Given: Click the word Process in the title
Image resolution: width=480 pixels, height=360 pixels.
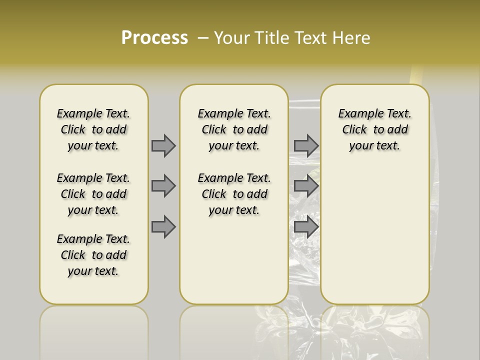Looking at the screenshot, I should click(154, 38).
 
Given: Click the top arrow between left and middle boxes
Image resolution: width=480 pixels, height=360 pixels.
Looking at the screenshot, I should click(163, 145).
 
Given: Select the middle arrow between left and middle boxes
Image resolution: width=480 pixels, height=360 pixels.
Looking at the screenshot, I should click(163, 186).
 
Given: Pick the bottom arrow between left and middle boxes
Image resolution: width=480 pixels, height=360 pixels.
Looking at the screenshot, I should click(163, 227).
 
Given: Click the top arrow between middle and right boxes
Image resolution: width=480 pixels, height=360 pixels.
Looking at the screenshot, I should click(306, 145).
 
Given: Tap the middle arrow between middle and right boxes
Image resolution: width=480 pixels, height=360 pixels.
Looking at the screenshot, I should click(306, 186).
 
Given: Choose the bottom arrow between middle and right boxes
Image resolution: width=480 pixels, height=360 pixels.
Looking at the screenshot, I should click(306, 227).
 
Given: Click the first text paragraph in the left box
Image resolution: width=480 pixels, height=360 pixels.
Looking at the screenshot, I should click(93, 129).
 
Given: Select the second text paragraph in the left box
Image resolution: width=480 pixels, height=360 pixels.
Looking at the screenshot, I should click(93, 194).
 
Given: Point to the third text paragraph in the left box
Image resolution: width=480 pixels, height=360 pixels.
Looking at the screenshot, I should click(93, 255).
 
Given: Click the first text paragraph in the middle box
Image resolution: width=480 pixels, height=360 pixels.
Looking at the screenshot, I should click(234, 129).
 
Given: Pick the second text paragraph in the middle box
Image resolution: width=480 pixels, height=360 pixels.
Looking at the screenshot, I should click(234, 194).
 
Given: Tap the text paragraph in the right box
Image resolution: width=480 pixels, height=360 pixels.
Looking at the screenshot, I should click(374, 129).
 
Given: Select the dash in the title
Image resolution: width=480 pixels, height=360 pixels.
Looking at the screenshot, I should click(202, 38).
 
